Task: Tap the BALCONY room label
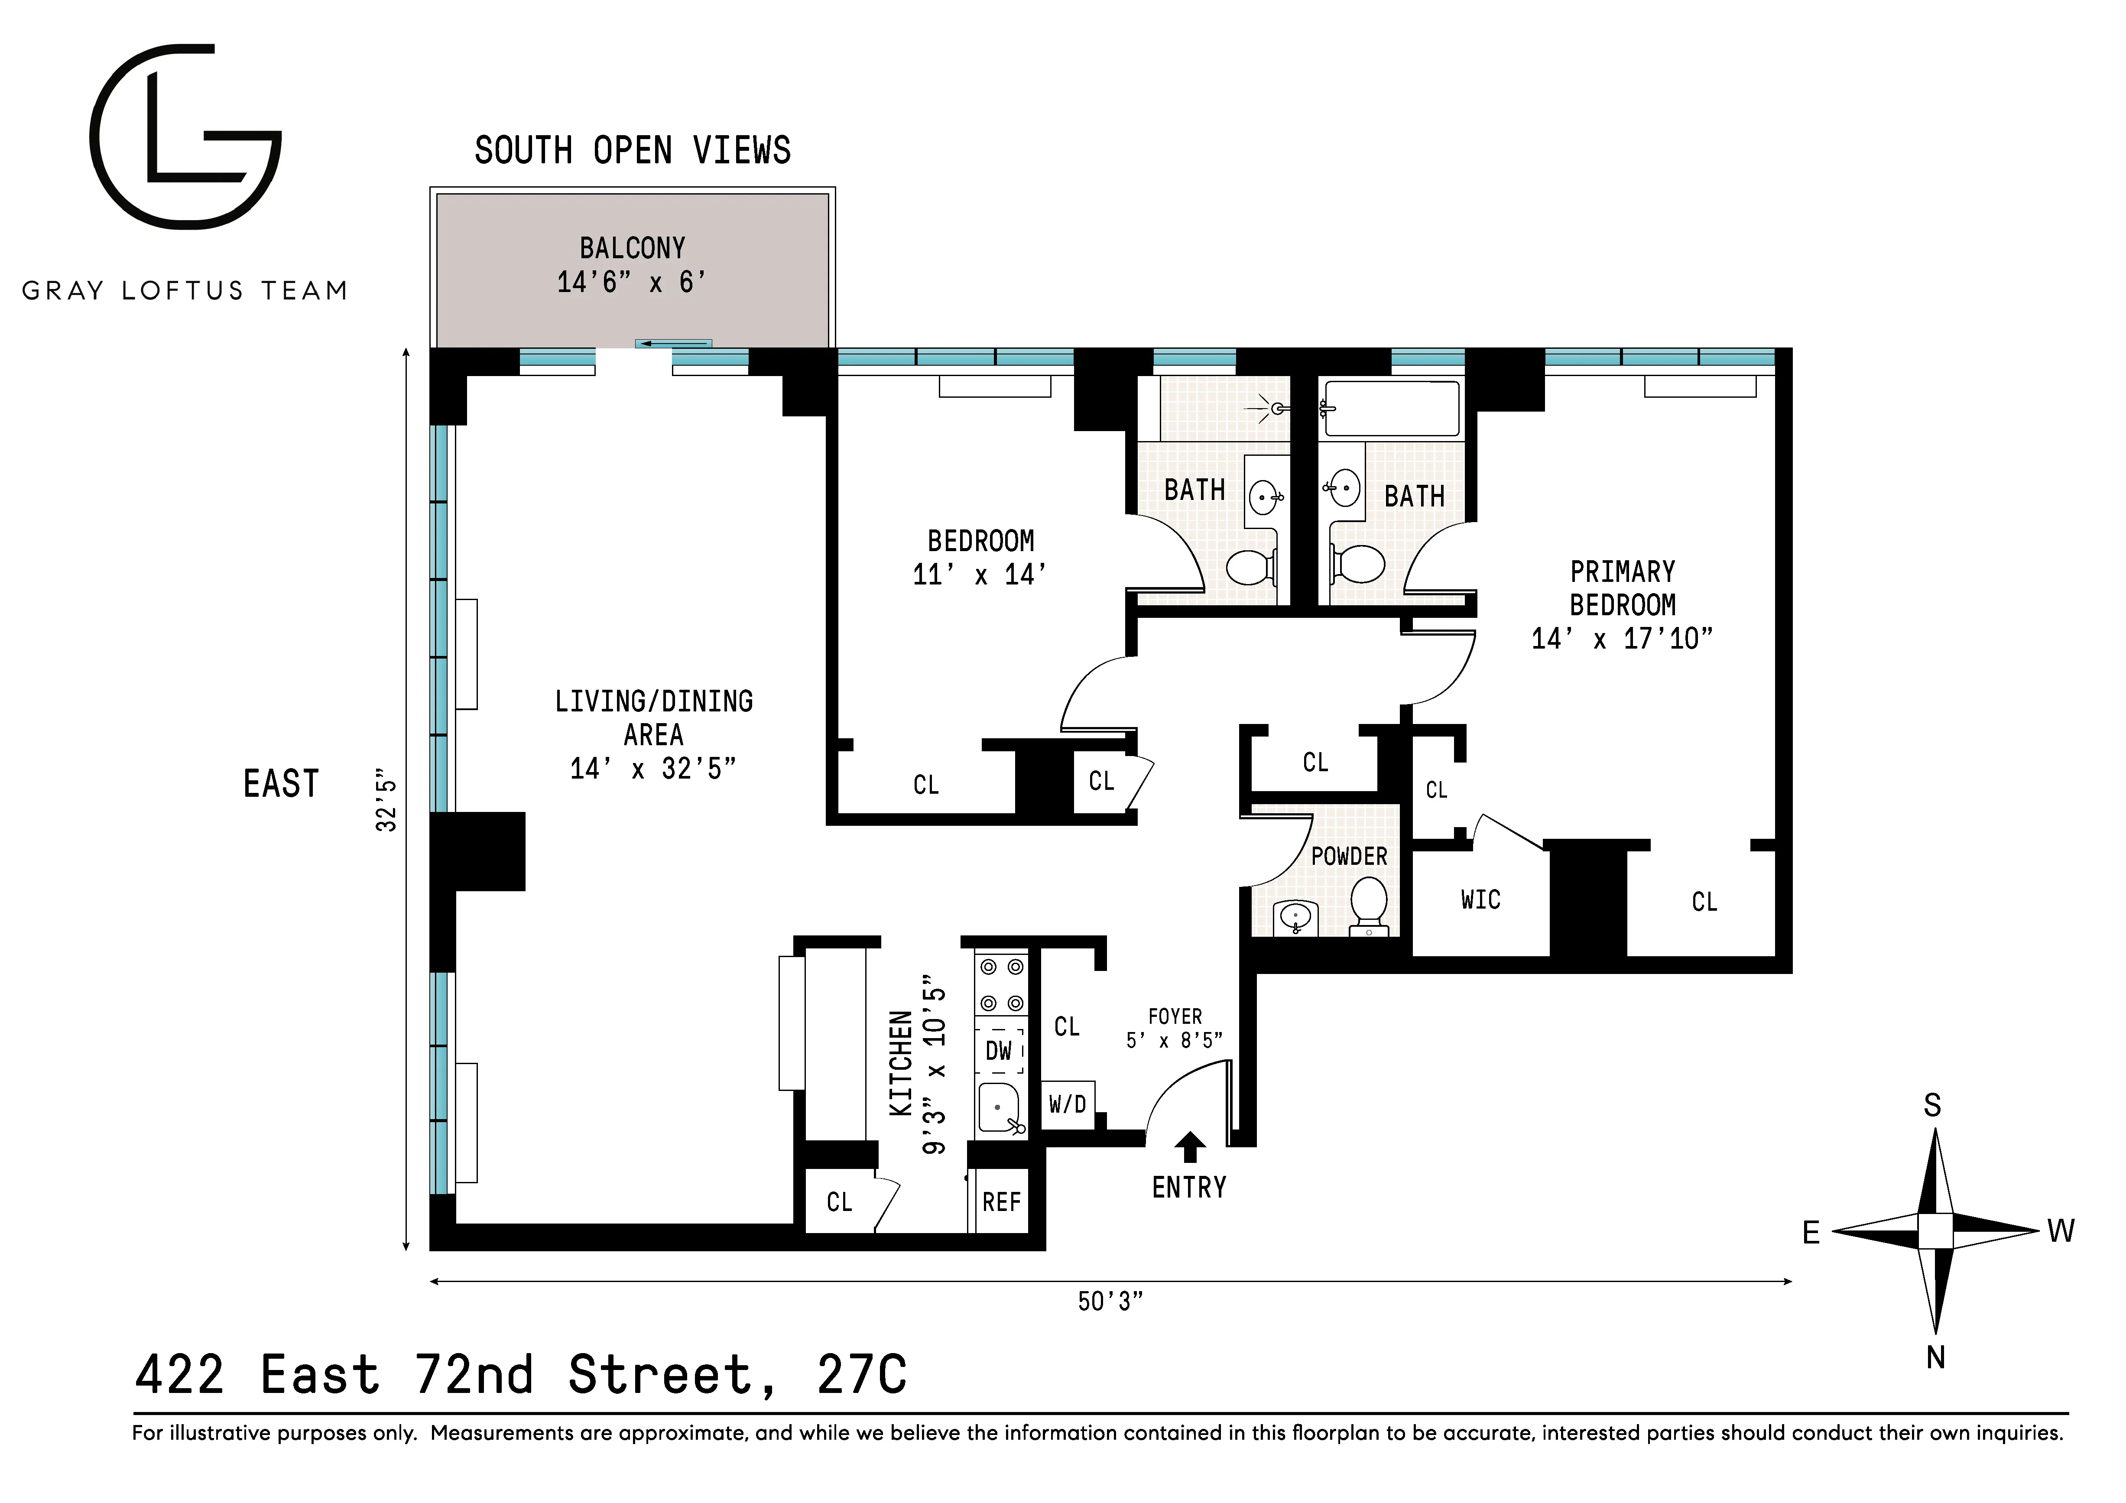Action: [x=633, y=248]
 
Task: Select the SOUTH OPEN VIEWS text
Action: [x=633, y=150]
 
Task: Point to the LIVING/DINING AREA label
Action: [x=654, y=717]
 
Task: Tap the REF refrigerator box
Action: [x=1001, y=1202]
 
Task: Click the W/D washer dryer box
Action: [x=1068, y=1104]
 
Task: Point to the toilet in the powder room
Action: [x=1368, y=903]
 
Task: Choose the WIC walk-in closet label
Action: [x=1480, y=899]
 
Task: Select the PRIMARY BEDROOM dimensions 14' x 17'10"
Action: [x=1622, y=638]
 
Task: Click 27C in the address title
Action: [x=861, y=1374]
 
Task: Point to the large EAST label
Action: [x=281, y=783]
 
